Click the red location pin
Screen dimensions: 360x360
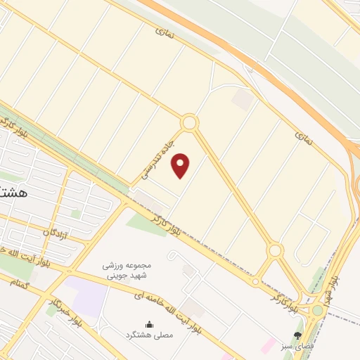pyautogui.click(x=181, y=166)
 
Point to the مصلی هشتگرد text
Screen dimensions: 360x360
pyautogui.click(x=149, y=337)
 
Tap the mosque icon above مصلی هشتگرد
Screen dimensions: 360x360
pyautogui.click(x=149, y=324)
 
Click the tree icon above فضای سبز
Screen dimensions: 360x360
pyautogui.click(x=298, y=335)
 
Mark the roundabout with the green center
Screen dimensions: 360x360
pyautogui.click(x=318, y=309)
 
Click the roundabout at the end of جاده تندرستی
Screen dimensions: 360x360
pyautogui.click(x=188, y=123)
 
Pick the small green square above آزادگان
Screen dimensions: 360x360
pyautogui.click(x=75, y=213)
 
